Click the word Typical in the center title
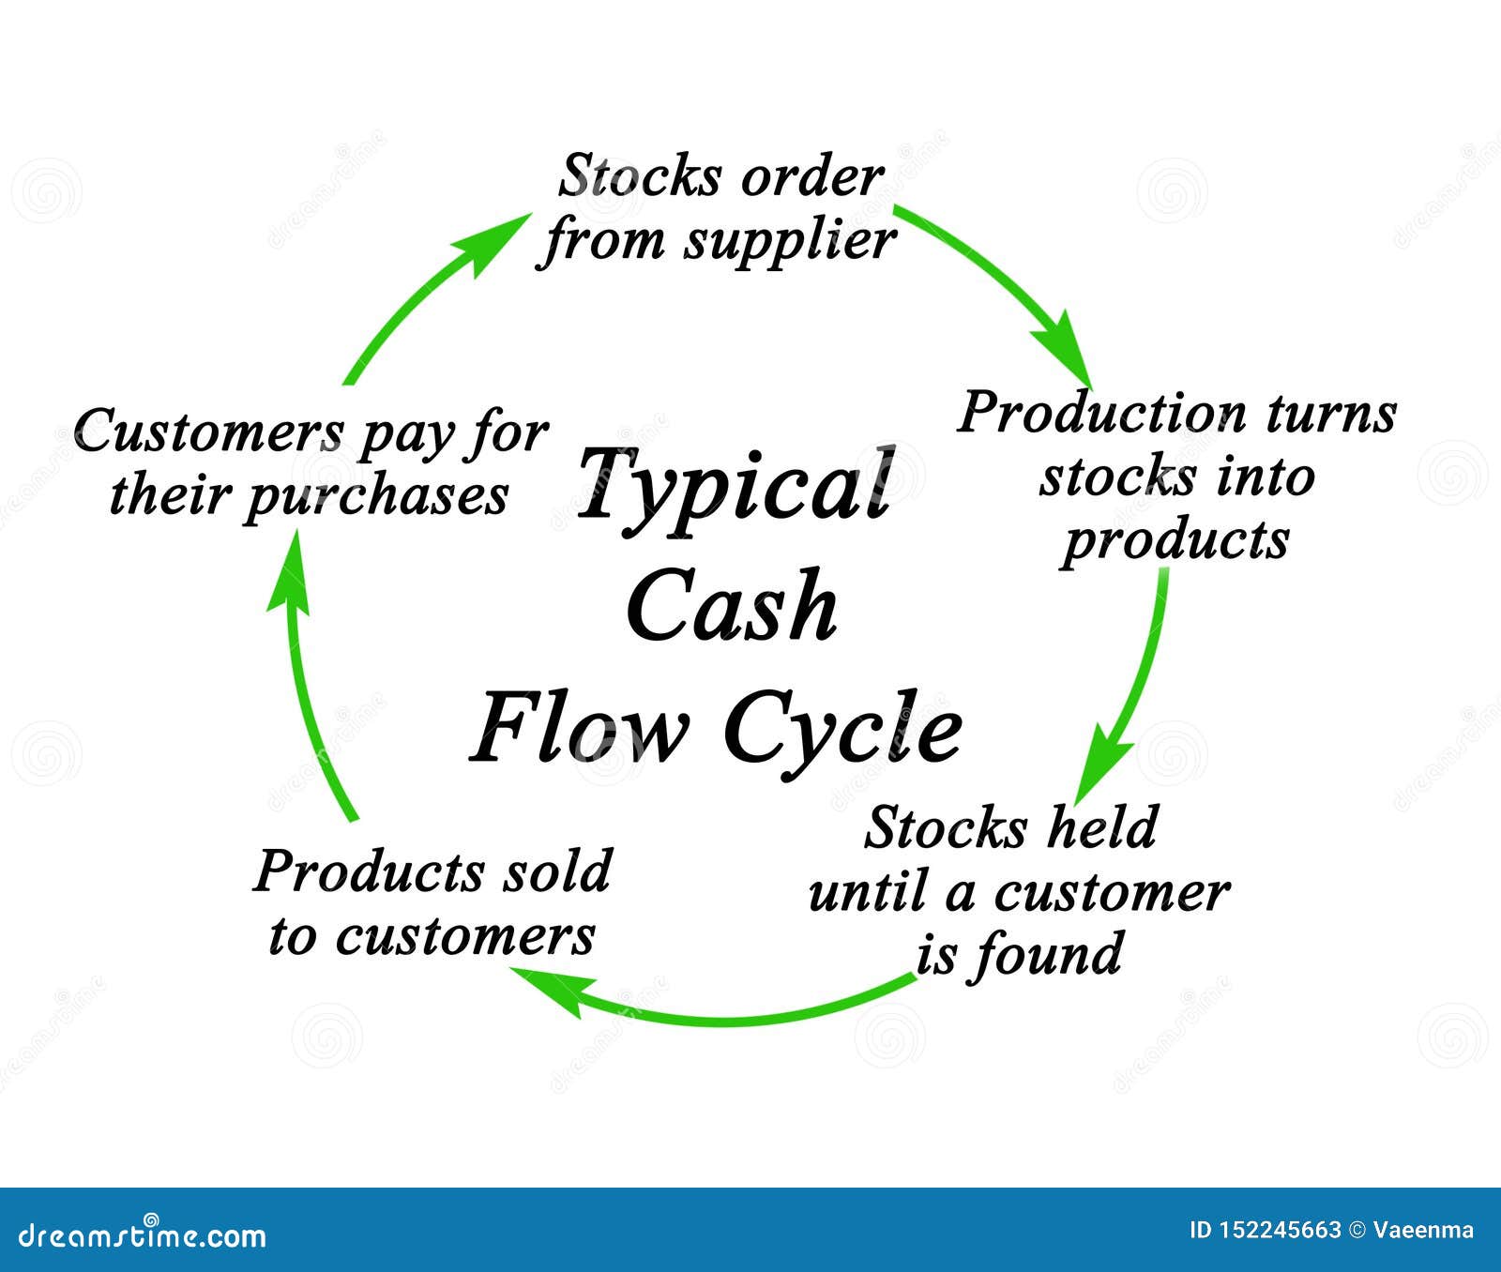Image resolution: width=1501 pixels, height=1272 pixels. pos(735,486)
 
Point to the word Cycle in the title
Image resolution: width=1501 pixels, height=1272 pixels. pos(842,732)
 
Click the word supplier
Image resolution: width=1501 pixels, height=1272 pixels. pos(789,242)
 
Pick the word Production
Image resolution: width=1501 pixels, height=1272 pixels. pos(1102,413)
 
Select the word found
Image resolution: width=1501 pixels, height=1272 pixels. pos(1047,955)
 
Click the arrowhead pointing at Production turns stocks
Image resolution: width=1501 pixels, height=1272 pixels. pos(1066,347)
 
